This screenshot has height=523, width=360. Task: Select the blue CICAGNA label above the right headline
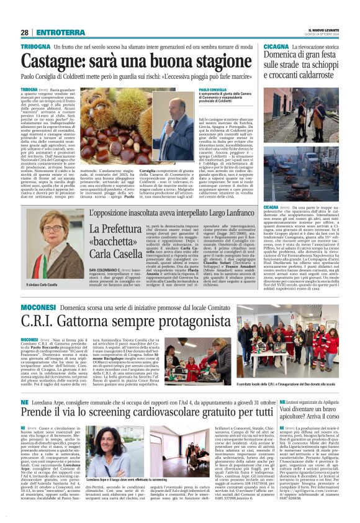tap(276, 47)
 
